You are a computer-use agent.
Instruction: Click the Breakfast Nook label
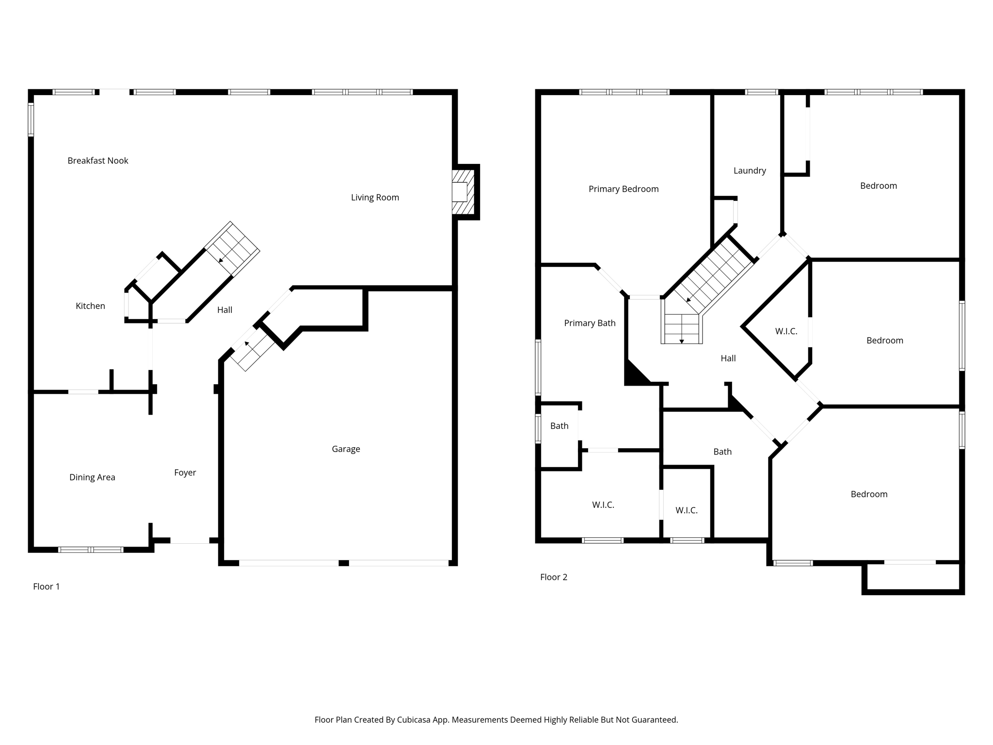(x=97, y=161)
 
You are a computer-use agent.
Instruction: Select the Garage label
(x=346, y=449)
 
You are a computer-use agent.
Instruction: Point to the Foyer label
(x=185, y=472)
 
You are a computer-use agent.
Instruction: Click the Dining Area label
(x=92, y=477)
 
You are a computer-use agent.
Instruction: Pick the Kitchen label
(x=90, y=306)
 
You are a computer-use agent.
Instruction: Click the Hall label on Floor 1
(x=224, y=310)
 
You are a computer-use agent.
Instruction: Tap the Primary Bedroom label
(x=624, y=189)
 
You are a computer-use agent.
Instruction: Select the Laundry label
(x=750, y=171)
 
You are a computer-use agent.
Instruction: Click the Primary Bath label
(x=590, y=323)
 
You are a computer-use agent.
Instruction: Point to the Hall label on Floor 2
(x=728, y=358)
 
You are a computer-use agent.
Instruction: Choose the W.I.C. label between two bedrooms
(x=786, y=331)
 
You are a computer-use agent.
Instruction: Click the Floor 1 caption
(x=47, y=586)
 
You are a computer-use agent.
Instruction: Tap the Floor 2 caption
(x=554, y=577)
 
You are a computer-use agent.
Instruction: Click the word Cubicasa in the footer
(x=415, y=720)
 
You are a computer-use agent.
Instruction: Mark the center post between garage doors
(x=343, y=563)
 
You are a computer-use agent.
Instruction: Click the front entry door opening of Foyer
(x=190, y=540)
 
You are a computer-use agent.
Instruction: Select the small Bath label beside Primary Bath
(x=559, y=426)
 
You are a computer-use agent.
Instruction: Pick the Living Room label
(x=375, y=197)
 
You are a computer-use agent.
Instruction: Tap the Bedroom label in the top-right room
(x=878, y=186)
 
